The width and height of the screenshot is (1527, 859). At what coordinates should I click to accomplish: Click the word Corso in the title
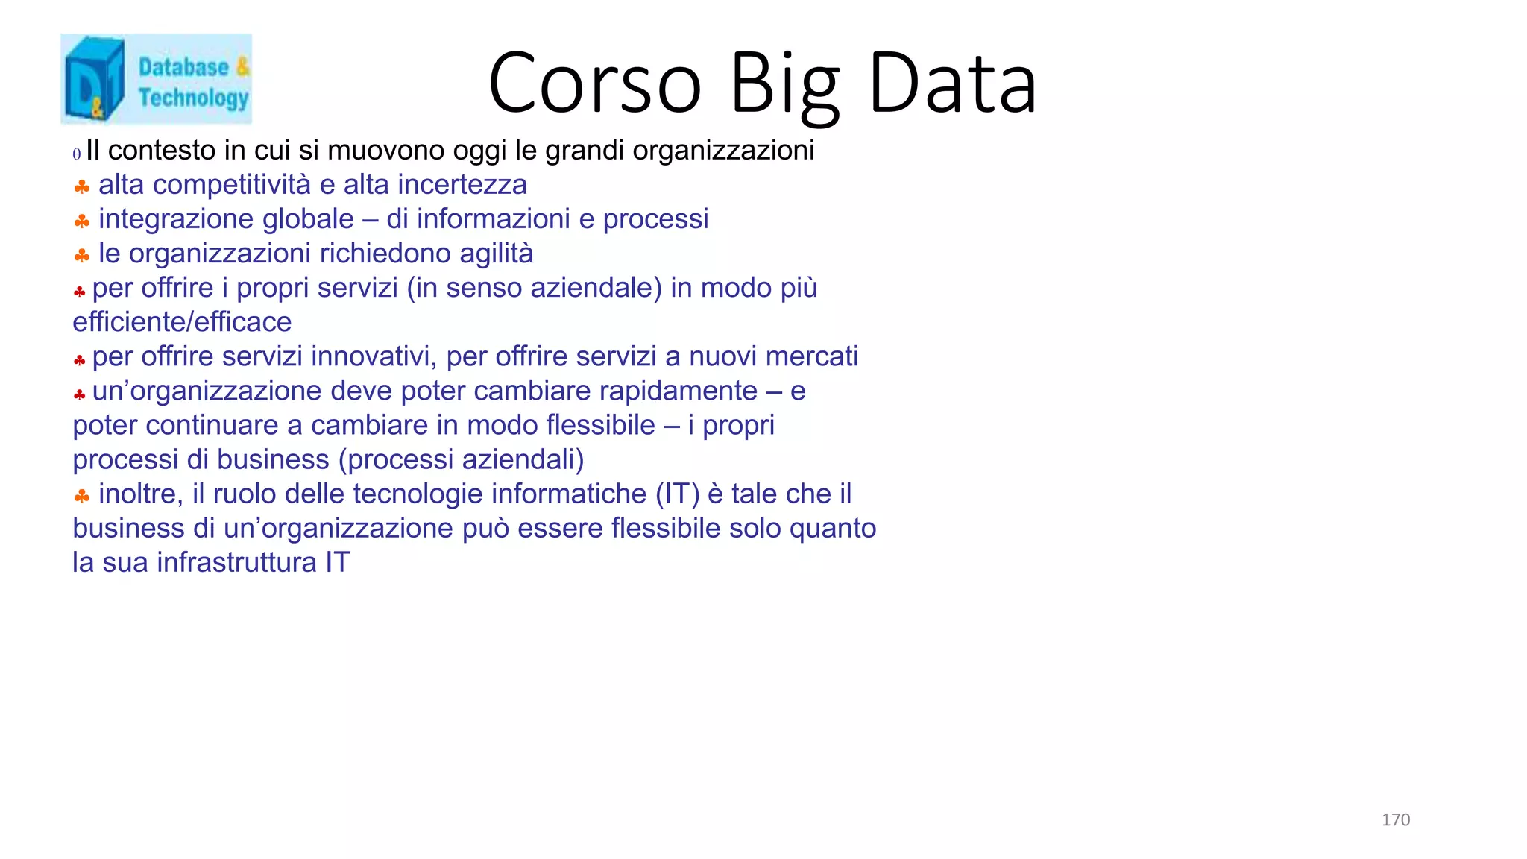594,84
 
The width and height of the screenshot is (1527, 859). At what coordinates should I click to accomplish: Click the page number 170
1395,820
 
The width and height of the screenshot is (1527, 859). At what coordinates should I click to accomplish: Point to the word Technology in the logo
193,98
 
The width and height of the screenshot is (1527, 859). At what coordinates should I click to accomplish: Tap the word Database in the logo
183,67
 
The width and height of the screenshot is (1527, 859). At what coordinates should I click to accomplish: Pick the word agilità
496,254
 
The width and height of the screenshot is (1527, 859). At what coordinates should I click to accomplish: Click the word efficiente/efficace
182,322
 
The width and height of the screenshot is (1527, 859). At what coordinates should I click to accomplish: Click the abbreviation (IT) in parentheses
677,494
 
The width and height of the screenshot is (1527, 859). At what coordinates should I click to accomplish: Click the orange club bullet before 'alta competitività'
82,186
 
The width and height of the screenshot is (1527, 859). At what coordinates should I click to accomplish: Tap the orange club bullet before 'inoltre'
82,496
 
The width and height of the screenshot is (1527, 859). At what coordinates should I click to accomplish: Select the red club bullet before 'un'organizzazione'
80,394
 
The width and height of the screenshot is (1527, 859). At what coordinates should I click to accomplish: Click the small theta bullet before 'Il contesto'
77,154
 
